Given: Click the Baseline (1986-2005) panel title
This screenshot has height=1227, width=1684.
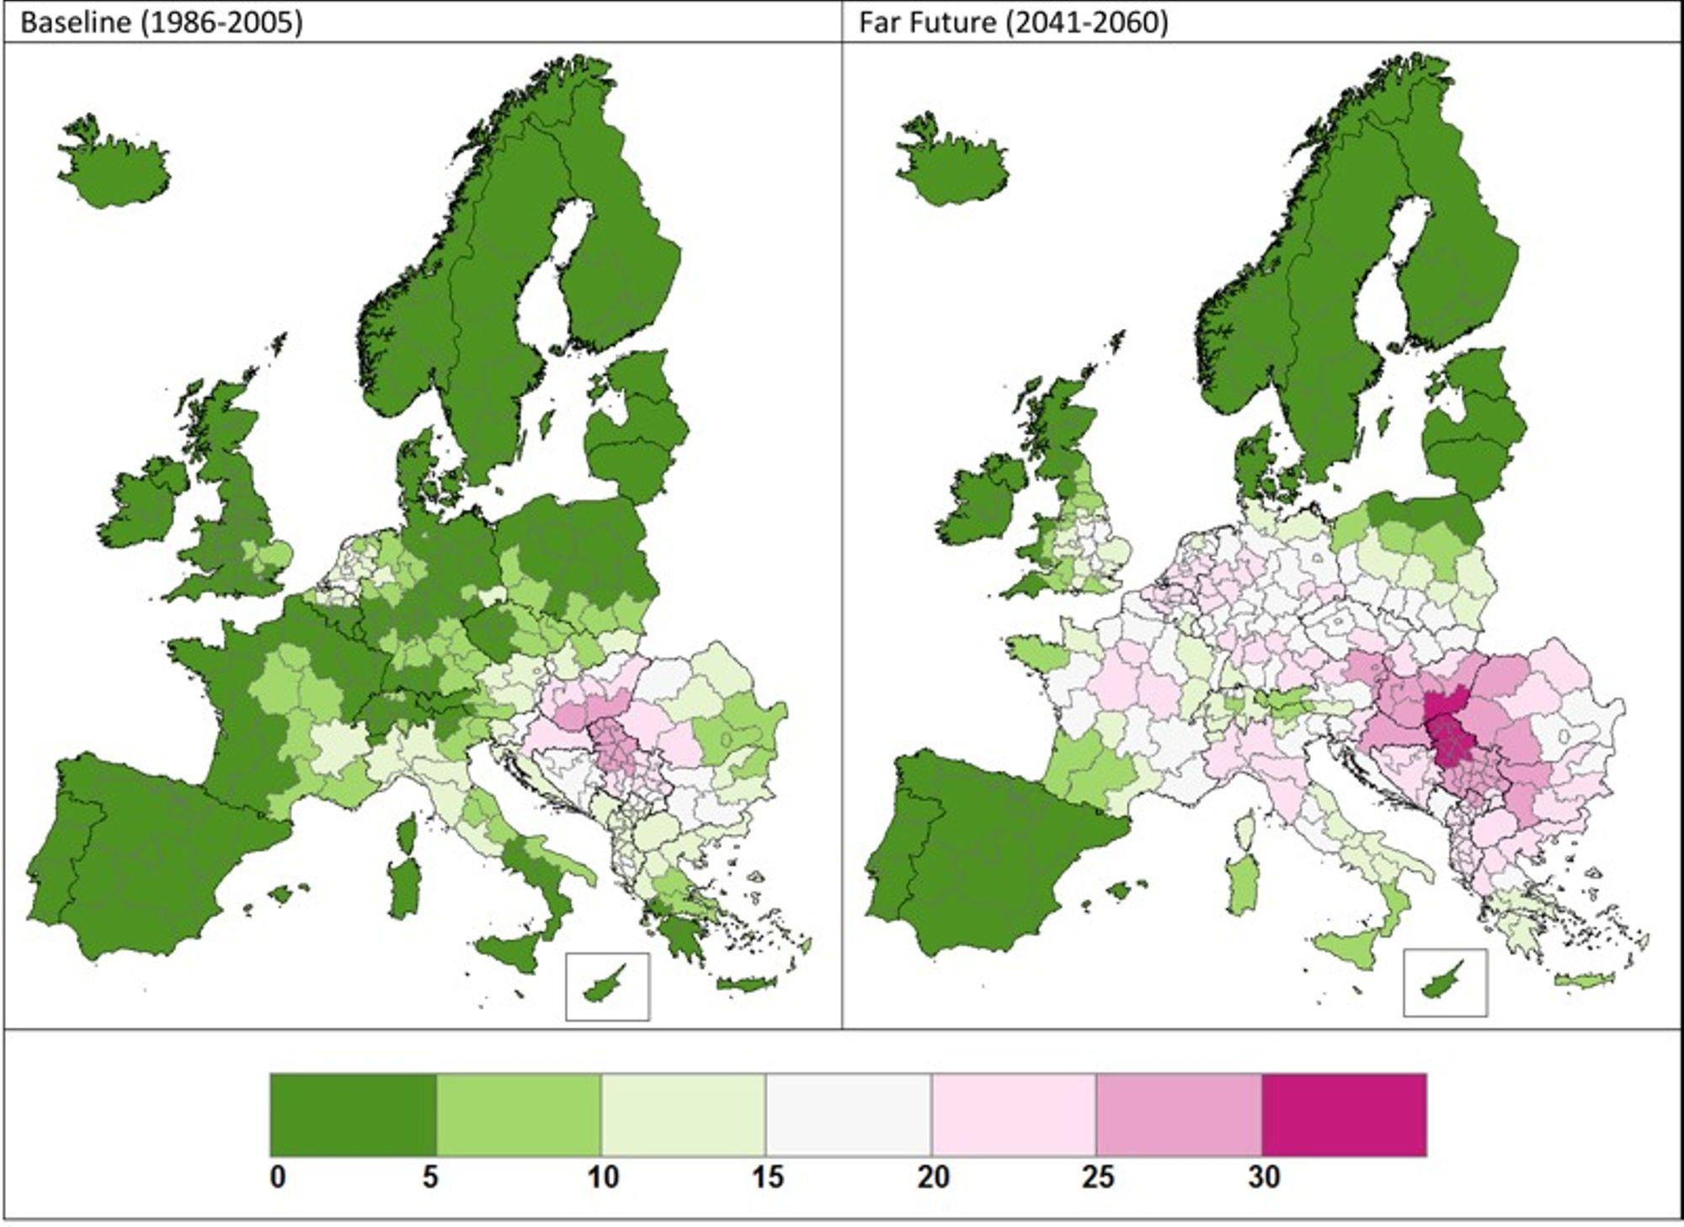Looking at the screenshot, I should (x=161, y=23).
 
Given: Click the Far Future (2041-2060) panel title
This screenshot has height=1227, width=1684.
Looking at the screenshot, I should (x=1013, y=23).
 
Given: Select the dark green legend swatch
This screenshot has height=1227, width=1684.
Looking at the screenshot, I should (x=353, y=1114).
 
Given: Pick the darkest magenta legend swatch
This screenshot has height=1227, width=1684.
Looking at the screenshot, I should (x=1344, y=1114).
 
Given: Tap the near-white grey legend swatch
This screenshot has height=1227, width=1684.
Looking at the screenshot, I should (x=848, y=1114).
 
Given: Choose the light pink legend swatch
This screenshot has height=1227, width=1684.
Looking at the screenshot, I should (x=1013, y=1114).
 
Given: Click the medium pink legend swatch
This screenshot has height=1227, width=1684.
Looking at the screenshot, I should (x=1178, y=1114).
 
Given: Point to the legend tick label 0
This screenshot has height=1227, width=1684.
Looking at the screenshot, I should (x=278, y=1177).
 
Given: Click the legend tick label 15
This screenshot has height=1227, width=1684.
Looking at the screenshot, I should (x=767, y=1177).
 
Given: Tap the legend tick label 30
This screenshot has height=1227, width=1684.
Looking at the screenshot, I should (x=1263, y=1177).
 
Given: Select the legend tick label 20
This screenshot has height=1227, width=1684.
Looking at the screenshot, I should (x=933, y=1177).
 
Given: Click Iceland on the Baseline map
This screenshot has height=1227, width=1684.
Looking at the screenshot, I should (x=118, y=164).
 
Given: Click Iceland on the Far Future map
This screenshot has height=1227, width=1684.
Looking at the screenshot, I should (x=956, y=164).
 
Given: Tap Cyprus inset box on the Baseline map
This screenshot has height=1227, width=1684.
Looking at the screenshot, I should (x=607, y=985).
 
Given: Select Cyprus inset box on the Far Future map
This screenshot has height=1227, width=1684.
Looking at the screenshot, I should (x=1445, y=982).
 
